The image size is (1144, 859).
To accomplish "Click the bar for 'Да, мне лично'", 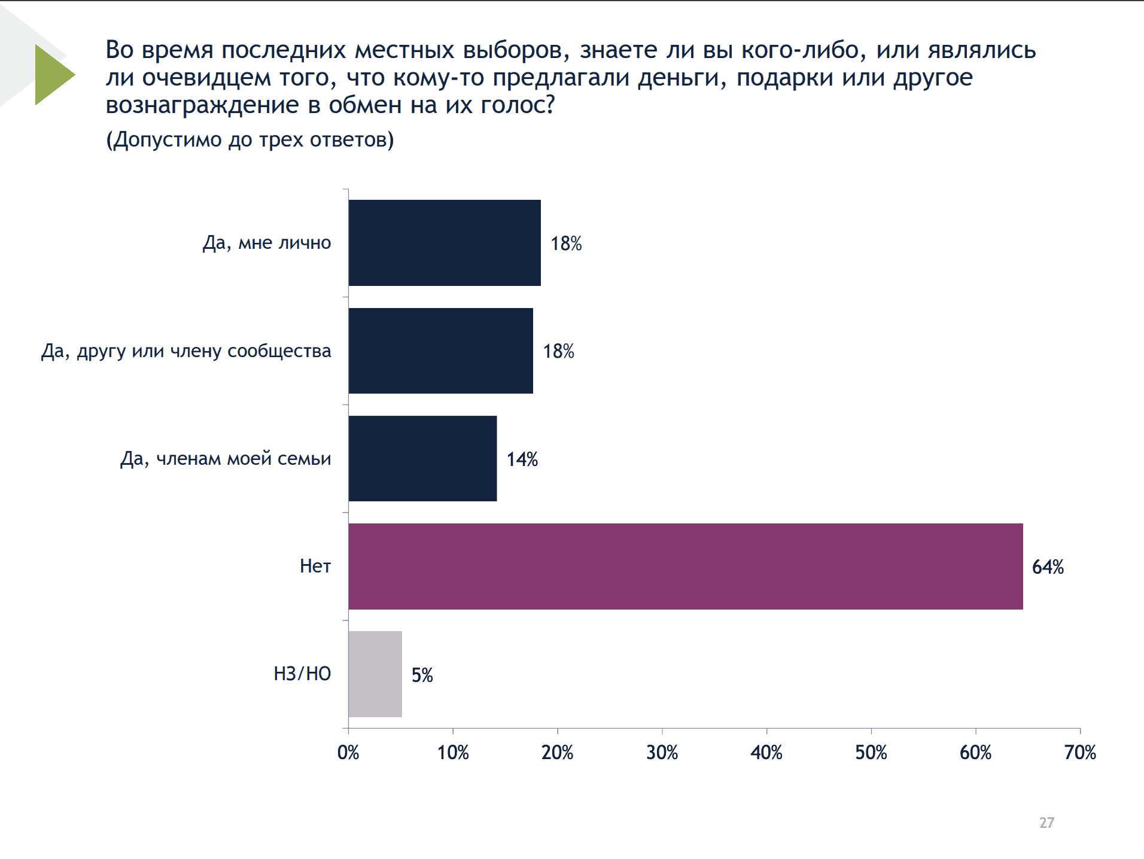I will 444,243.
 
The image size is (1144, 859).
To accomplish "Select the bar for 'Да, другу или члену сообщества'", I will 440,351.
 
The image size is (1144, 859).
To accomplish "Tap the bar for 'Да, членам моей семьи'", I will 422,458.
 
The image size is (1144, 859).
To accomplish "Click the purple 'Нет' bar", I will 685,566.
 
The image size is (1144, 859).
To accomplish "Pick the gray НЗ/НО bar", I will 375,674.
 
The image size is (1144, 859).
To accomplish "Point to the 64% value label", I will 1048,567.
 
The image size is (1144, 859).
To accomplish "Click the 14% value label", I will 522,459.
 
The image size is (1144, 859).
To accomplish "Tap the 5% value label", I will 422,675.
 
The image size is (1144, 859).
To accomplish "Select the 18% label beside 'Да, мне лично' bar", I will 566,243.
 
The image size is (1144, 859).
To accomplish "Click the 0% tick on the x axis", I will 348,753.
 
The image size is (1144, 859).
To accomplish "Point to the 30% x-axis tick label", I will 662,753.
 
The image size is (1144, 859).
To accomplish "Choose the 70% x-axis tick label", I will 1079,753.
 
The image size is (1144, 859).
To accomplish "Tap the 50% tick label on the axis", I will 871,753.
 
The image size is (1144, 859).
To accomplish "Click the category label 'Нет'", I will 315,566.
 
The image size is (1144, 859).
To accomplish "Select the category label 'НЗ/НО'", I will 302,674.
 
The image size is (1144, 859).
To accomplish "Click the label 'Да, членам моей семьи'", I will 226,459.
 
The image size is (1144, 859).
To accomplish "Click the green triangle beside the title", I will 53,75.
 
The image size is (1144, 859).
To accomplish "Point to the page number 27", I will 1046,823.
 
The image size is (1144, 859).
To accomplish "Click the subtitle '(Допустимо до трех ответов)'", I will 250,140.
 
